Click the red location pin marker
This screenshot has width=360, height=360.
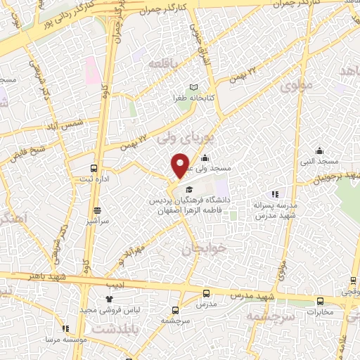(180, 166)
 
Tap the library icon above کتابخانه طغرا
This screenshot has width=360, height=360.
(184, 86)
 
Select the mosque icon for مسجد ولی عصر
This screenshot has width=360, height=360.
(205, 157)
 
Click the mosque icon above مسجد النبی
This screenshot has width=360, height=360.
(320, 150)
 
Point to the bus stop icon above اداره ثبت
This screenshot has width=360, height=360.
(94, 168)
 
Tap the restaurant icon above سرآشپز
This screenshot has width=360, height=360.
(96, 210)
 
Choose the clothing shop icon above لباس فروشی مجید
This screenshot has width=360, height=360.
(109, 299)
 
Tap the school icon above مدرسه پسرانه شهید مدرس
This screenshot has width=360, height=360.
(275, 194)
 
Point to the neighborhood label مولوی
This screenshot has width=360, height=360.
(293, 87)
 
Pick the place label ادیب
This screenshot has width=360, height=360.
(114, 285)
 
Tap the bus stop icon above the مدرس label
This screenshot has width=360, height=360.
(206, 293)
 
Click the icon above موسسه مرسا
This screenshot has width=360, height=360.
(65, 328)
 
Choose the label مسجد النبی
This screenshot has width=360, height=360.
(321, 162)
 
